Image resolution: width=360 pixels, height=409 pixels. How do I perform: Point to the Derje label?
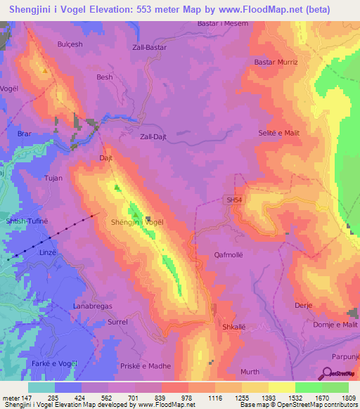point(303,306)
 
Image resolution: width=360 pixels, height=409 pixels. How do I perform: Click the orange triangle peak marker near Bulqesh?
point(45,70)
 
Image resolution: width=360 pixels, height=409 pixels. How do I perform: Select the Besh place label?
point(105,77)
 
